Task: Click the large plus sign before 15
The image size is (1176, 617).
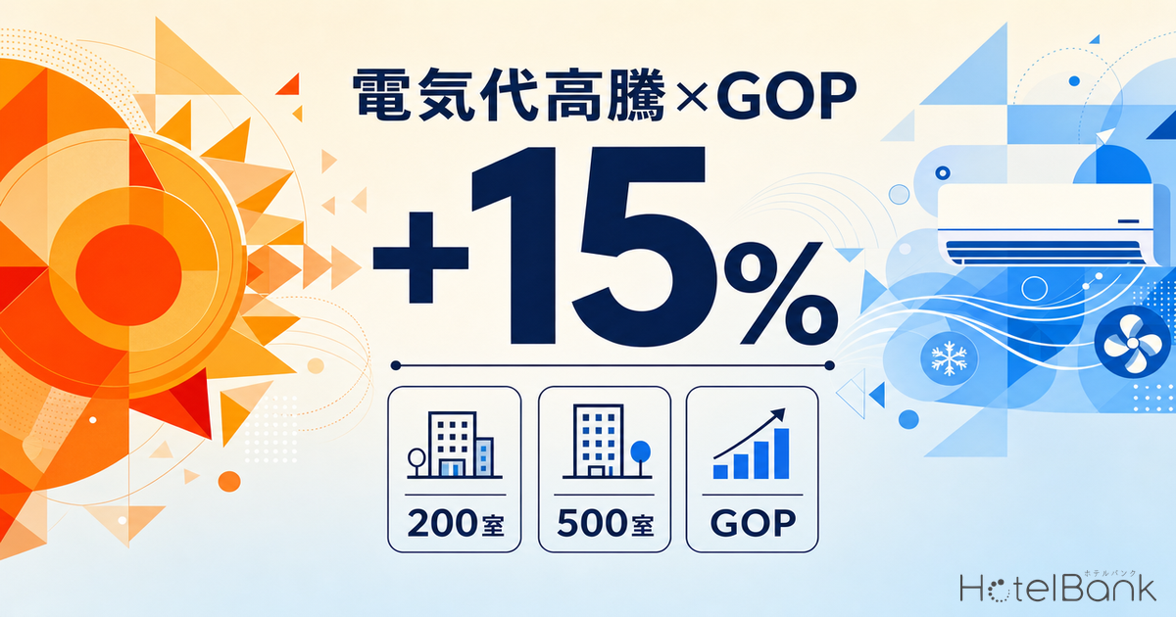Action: [420, 258]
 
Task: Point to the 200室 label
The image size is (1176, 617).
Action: [455, 523]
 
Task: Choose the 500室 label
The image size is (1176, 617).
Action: [605, 523]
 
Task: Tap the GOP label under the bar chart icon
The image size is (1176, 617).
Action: [753, 523]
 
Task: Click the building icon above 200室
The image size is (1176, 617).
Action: [455, 445]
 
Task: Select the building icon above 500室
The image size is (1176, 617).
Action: [607, 442]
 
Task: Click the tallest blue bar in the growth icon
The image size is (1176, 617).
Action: [782, 453]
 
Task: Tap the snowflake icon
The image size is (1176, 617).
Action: [949, 358]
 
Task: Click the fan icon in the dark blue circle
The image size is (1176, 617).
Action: [1133, 343]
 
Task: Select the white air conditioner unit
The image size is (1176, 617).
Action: [1048, 225]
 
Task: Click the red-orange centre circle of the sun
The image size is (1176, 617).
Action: [128, 275]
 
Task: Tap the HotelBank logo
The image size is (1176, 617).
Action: [1057, 587]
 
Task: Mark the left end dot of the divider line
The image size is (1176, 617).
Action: [396, 365]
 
